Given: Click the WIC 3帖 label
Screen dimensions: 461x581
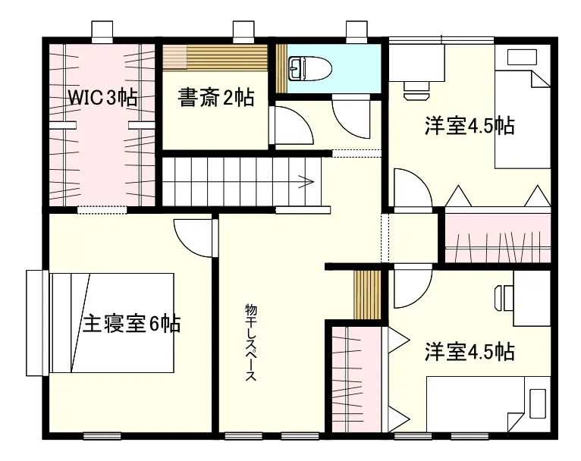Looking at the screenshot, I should [x=102, y=97].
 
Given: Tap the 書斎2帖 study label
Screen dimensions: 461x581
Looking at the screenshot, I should [x=215, y=98].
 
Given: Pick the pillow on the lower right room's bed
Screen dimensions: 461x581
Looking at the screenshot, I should [x=539, y=403].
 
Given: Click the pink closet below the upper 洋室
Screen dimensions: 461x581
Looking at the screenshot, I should [x=497, y=239].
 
